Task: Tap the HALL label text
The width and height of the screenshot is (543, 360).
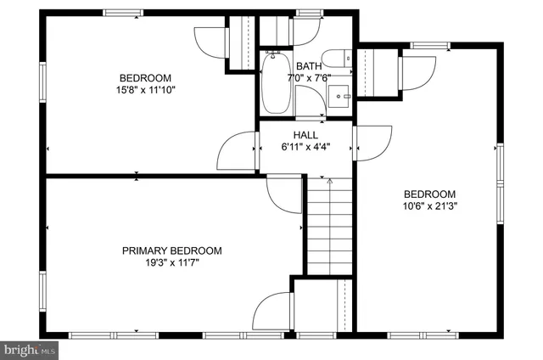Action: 305,135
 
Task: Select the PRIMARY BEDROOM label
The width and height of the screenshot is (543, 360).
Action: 172,250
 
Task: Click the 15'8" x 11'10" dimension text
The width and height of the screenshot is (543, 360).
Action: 147,89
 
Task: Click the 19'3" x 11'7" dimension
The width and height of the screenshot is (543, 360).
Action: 172,262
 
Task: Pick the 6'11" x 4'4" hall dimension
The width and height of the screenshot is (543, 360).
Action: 305,146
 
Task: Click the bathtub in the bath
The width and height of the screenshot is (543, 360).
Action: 276,84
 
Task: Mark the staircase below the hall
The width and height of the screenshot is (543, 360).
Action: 328,229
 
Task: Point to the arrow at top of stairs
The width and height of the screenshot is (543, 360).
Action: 329,180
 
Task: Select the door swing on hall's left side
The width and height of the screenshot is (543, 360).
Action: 237,151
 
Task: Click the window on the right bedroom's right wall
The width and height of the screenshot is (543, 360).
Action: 500,177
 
